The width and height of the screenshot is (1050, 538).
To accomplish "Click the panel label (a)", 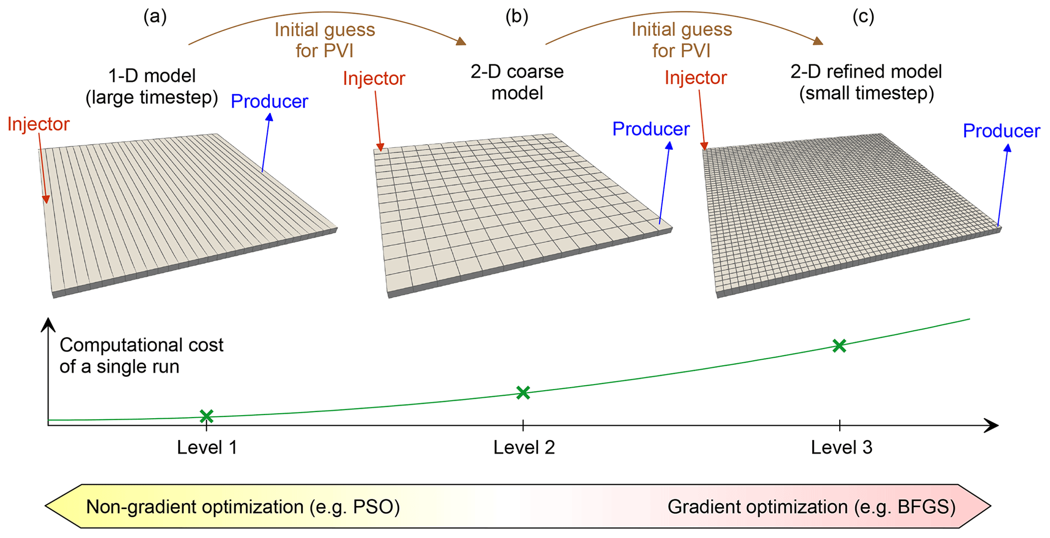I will (155, 17).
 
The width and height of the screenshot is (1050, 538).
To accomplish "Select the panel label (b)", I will (517, 17).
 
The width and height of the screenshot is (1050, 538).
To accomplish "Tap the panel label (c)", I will (863, 17).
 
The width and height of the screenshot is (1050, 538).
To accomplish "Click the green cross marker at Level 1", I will (206, 416).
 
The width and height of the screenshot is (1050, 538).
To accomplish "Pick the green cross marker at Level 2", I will (523, 392).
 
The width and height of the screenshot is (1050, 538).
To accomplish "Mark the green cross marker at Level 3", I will (839, 345).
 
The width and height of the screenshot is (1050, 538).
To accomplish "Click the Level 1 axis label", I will (207, 447).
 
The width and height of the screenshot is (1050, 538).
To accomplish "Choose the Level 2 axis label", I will (524, 447).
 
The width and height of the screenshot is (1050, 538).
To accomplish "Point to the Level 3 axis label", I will (841, 447).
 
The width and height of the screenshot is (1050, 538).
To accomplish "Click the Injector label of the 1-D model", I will (38, 124).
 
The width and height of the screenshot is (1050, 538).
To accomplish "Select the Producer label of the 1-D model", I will (269, 101).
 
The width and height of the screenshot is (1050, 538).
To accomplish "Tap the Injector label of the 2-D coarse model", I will (374, 78).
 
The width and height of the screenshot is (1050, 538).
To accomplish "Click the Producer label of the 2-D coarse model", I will (651, 129).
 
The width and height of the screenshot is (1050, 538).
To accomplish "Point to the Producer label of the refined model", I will (1001, 131).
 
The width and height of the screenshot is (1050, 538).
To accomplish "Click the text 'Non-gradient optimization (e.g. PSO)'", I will (243, 507).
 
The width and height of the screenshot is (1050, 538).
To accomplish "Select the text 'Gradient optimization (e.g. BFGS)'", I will (811, 507).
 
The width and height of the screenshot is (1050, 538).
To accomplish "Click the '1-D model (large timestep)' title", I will (152, 86).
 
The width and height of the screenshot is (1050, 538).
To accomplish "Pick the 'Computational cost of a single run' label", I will (141, 356).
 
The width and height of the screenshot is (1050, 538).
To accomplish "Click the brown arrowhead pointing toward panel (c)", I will (818, 41).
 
